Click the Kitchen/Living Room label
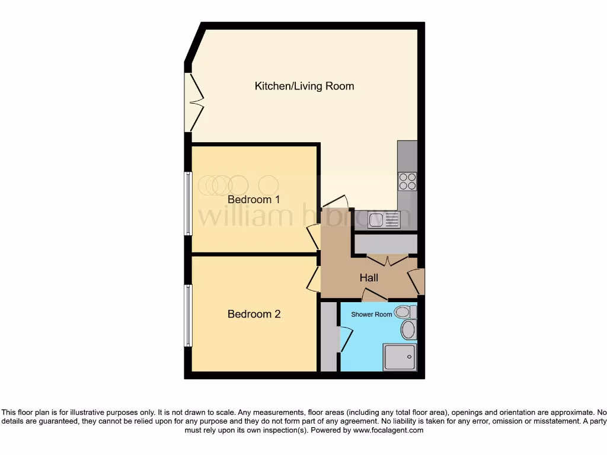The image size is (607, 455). coord(304,86)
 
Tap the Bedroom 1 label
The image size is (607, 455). coord(254,200)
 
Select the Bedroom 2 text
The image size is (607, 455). coord(254,314)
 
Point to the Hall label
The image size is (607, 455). coord(369,277)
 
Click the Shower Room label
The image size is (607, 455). coord(371,315)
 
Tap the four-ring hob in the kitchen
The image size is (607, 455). coord(407,181)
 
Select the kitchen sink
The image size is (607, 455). coord(384,220)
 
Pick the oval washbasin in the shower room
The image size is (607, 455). coord(408,330)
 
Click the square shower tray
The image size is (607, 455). coord(400,357)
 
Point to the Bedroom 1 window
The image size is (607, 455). coord(188,203)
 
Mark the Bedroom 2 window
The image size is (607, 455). coord(188,315)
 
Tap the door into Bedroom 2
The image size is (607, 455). coord(314,278)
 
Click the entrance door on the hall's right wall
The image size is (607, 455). coord(417,281)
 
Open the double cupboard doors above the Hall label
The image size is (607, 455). coord(387,259)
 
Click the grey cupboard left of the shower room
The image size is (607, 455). coord(328,337)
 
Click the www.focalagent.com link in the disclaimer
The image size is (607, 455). coord(388,430)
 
